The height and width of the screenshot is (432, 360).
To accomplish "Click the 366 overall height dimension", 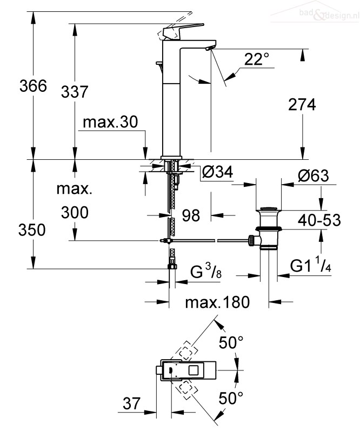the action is coord(33,86).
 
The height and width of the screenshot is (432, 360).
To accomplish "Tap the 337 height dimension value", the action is coord(75,92).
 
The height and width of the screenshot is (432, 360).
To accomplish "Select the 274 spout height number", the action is coord(302,105).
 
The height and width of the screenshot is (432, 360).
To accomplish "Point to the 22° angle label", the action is coord(257,59).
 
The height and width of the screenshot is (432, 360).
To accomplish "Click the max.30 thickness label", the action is coord(110,122).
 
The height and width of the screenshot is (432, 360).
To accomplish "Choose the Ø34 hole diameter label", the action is coord(217,172).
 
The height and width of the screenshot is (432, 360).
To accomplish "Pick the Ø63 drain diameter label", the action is coord(314,175).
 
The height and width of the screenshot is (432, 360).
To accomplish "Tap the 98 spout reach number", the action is coord(191,215).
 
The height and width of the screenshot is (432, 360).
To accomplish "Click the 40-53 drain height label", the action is coord(319,220).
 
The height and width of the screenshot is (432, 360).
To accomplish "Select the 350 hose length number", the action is coord(32,230).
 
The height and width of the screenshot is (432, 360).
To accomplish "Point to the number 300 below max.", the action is coord(75,213).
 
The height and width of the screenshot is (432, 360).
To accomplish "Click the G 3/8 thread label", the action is coord(206,271).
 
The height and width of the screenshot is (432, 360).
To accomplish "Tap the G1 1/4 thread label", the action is coord(311,265).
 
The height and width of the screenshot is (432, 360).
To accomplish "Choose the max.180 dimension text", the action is coord(217,302).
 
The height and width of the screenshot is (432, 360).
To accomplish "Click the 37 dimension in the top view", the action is coord(131,403).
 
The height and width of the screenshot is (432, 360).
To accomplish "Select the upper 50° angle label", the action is coord(231,343).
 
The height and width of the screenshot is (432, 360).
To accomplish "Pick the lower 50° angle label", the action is coord(231,398).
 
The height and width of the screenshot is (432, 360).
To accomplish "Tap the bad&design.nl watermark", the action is coord(329,14).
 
